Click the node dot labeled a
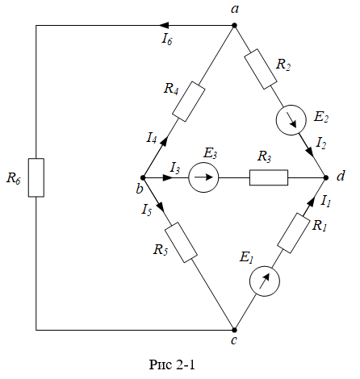(x=234, y=26)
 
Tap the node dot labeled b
(x=143, y=177)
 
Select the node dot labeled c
(x=234, y=330)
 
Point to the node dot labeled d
(x=326, y=177)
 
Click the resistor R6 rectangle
(x=36, y=177)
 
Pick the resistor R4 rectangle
(x=189, y=102)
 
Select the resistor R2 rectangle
(x=261, y=69)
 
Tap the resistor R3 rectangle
(x=269, y=177)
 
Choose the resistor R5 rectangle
(x=181, y=243)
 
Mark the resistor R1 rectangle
(x=294, y=233)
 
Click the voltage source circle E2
(x=291, y=120)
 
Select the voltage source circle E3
(x=203, y=177)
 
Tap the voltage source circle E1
(x=265, y=281)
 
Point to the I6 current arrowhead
(x=164, y=26)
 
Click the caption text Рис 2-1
(x=172, y=364)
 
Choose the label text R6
(x=14, y=178)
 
